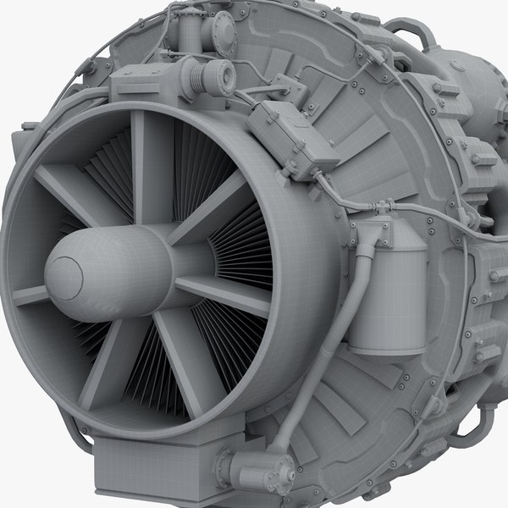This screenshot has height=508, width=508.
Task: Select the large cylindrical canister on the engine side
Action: click(x=387, y=292)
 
